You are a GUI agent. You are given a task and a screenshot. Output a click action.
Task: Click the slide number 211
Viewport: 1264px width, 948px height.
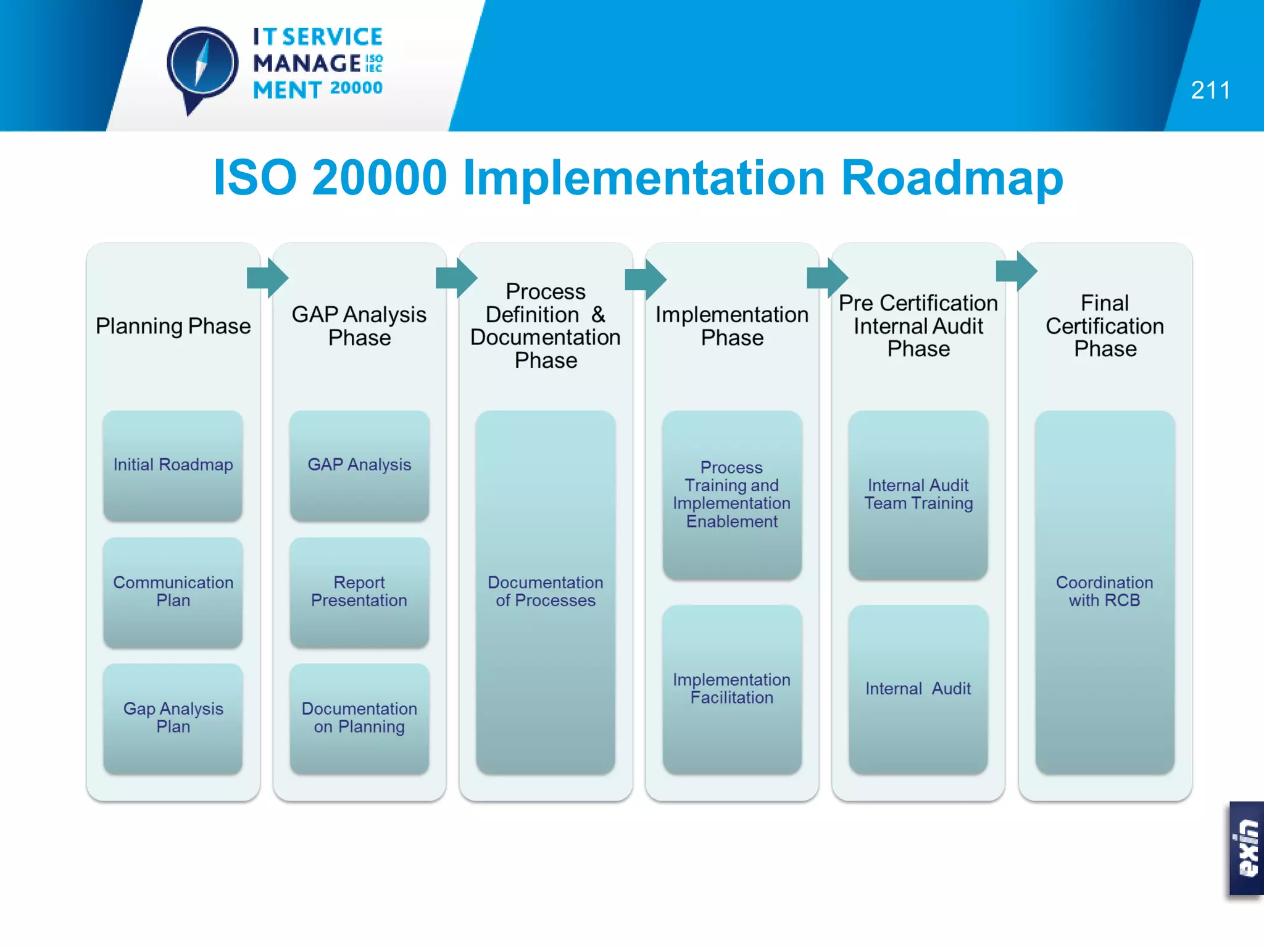[x=1210, y=91]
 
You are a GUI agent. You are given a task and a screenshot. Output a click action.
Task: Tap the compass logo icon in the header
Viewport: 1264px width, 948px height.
[x=202, y=65]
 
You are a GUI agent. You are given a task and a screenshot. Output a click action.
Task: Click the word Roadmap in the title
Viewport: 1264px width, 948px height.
[x=952, y=178]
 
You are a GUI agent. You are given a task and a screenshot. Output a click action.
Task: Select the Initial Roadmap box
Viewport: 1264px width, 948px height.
[x=173, y=465]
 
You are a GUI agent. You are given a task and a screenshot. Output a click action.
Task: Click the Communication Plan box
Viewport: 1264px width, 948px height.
[x=173, y=592]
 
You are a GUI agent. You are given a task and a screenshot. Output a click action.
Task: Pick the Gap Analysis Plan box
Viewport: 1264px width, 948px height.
[x=173, y=718]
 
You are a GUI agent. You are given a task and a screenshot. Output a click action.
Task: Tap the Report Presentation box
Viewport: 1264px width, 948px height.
[x=359, y=592]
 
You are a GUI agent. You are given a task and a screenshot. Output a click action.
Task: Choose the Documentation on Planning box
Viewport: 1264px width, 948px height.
[x=359, y=718]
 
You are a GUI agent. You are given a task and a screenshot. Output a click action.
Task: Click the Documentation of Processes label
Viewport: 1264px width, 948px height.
[x=546, y=591]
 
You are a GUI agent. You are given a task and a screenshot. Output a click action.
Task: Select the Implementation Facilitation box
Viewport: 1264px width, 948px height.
[x=732, y=689]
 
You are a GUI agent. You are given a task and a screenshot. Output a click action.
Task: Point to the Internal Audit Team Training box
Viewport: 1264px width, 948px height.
[x=918, y=494]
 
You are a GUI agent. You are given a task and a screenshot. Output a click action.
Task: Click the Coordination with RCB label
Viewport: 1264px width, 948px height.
[x=1105, y=591]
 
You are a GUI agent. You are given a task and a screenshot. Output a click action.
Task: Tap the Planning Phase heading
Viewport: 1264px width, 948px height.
[x=173, y=326]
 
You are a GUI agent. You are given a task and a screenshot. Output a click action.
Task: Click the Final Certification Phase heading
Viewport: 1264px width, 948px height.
[x=1105, y=326]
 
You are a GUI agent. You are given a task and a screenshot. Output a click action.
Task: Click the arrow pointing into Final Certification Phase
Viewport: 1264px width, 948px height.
[x=1017, y=270]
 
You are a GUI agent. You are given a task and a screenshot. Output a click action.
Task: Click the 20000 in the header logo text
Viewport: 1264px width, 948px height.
[x=356, y=88]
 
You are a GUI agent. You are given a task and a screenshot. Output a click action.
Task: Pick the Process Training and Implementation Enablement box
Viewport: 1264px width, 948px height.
[x=732, y=494]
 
